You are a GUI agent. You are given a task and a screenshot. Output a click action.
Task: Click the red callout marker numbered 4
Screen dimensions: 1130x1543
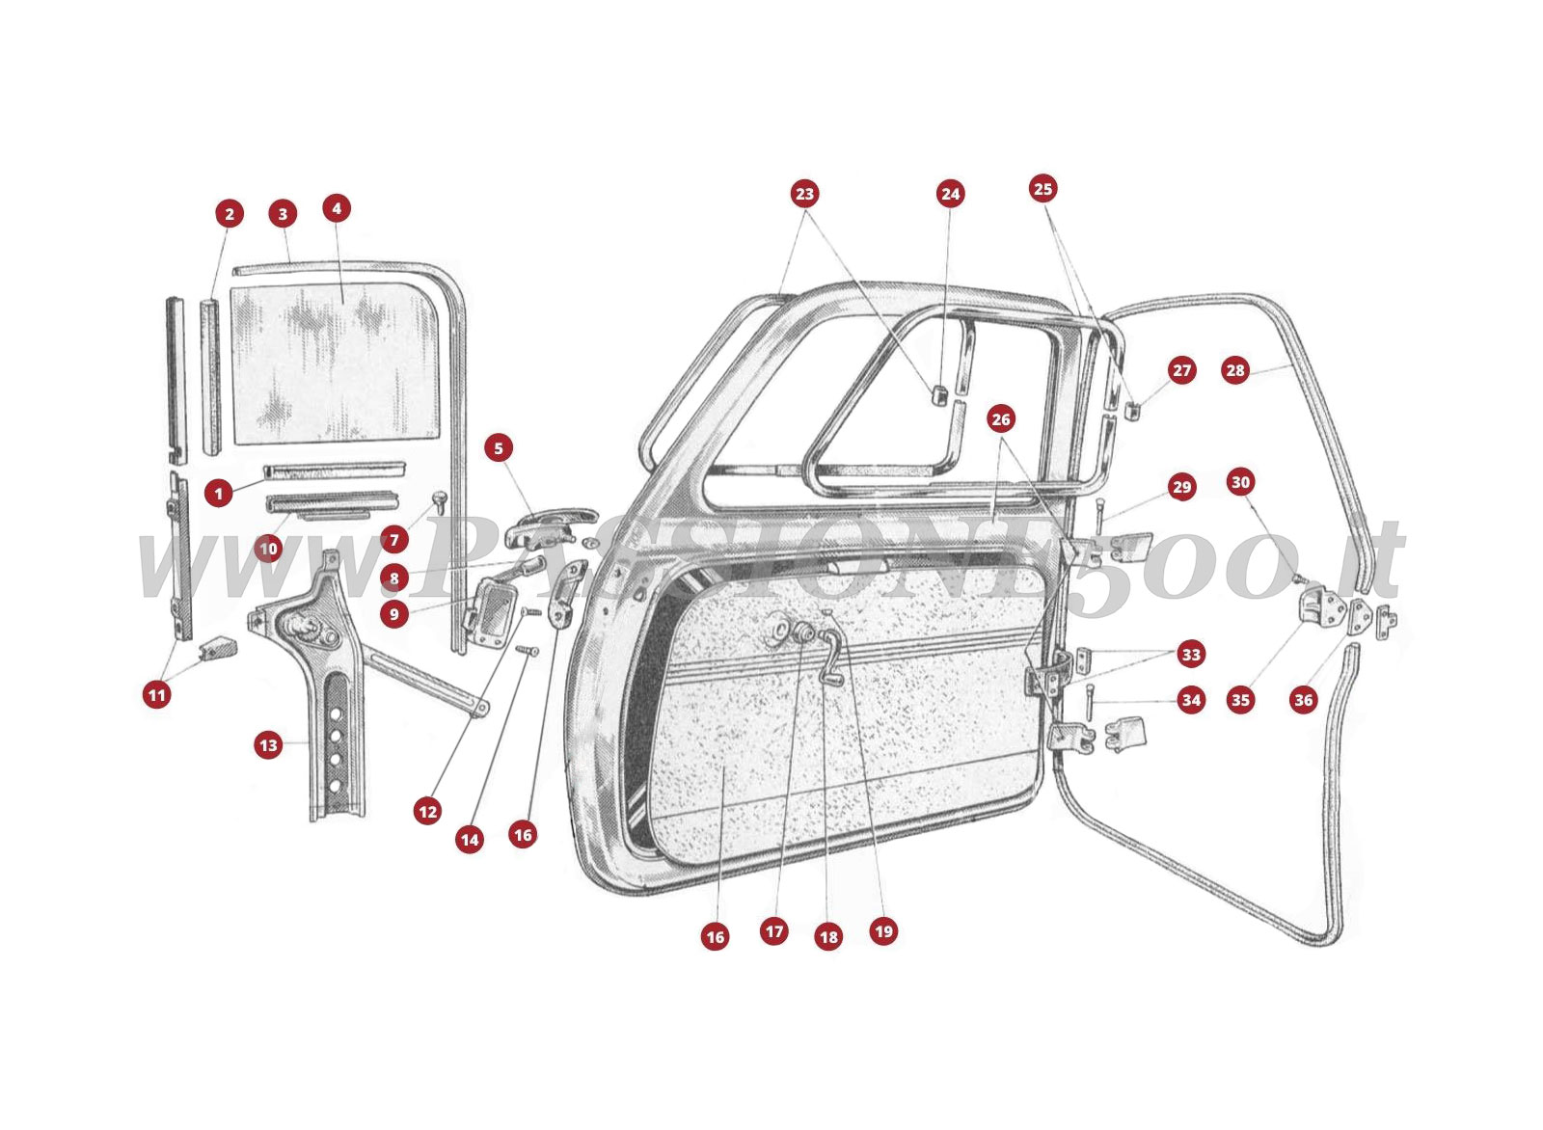336,208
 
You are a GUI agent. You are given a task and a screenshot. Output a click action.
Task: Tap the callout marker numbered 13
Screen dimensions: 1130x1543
268,744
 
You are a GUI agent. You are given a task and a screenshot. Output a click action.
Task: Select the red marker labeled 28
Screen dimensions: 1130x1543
1234,370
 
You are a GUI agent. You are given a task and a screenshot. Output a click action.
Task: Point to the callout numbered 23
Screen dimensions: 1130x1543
804,194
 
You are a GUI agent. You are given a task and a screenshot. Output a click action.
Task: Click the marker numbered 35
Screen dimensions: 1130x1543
1240,700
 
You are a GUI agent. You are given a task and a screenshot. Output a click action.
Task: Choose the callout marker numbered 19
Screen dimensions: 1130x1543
883,930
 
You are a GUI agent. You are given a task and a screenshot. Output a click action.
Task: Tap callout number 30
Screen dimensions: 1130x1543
1240,482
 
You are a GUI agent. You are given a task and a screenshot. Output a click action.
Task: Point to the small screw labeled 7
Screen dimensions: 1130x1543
440,500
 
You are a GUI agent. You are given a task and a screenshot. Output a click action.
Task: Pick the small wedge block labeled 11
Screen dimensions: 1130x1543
217,647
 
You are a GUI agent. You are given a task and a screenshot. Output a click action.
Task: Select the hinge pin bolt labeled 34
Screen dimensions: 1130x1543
1089,700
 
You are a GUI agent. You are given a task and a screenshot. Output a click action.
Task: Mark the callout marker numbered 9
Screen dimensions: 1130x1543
393,613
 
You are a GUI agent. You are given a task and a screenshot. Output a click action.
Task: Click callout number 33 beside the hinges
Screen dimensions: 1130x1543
1191,655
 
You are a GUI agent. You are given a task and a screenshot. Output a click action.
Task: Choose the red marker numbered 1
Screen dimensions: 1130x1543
219,494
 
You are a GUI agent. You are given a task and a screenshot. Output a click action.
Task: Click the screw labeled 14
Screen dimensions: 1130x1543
527,652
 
